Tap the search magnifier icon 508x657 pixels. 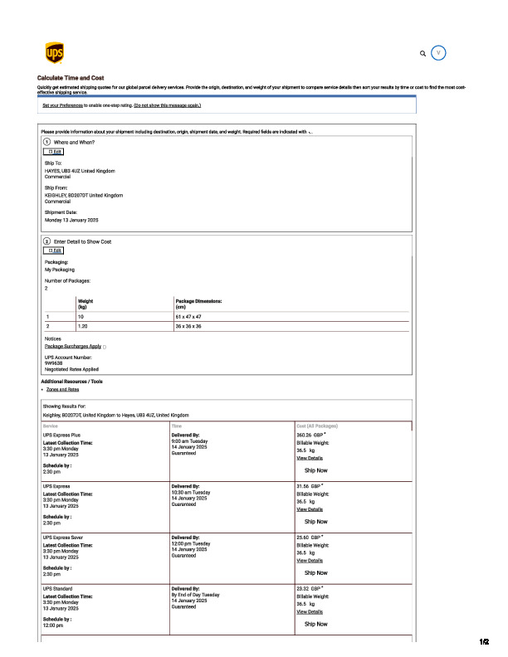pos(423,53)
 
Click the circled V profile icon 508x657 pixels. pos(439,53)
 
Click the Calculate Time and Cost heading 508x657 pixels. pos(71,78)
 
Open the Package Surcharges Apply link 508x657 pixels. pos(73,346)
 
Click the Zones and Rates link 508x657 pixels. pos(63,389)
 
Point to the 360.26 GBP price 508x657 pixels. pos(310,434)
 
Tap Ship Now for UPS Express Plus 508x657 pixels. pos(315,470)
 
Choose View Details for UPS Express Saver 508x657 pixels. pos(310,560)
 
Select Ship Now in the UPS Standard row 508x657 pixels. pos(315,624)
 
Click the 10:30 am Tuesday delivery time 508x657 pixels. pos(191,492)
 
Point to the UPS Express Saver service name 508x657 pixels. pos(62,537)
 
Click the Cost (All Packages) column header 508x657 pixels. pos(317,426)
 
